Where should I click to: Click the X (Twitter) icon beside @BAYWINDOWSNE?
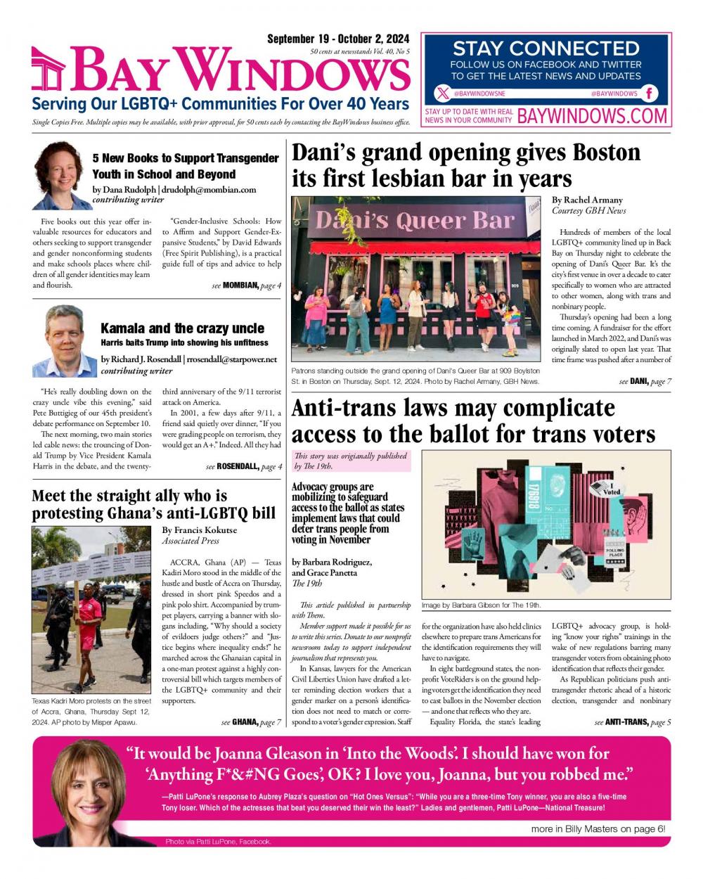click(x=441, y=94)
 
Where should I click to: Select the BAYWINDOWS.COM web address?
click(x=592, y=116)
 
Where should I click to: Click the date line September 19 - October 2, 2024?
click(x=338, y=39)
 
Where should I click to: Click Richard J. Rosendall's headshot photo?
click(x=61, y=340)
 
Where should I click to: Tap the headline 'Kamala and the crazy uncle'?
click(x=182, y=328)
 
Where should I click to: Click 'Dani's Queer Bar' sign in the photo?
click(x=415, y=220)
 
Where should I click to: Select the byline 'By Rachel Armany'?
click(x=587, y=200)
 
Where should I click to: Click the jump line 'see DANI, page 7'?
click(x=645, y=381)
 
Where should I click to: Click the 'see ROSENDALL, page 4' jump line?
click(x=243, y=467)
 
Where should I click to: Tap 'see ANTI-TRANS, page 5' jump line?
click(x=632, y=722)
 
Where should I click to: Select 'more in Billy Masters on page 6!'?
click(x=598, y=829)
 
